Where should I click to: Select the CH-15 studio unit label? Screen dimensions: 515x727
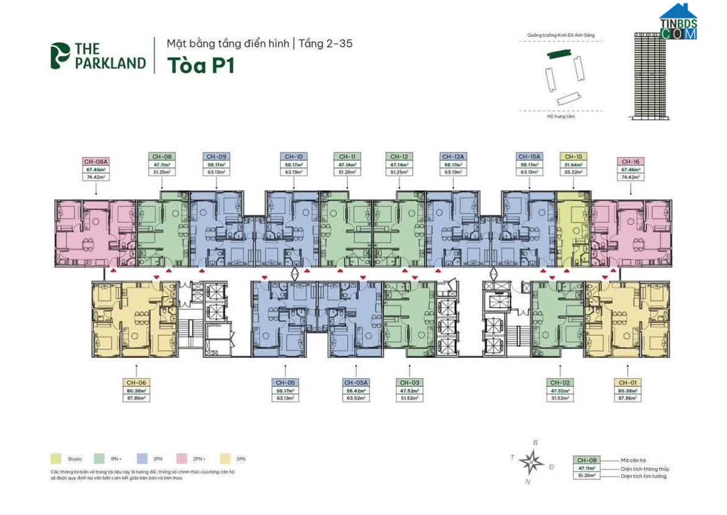tap(573, 156)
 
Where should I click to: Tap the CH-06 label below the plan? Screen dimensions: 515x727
tap(136, 382)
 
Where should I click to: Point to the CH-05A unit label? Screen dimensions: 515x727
tap(355, 382)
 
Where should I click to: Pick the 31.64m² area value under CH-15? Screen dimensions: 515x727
tap(573, 164)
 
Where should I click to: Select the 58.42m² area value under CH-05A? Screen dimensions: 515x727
tap(355, 390)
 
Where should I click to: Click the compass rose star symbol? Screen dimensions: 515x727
tap(532, 461)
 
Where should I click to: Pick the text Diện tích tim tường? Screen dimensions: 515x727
tap(643, 476)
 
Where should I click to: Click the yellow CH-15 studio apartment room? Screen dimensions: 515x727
tap(573, 229)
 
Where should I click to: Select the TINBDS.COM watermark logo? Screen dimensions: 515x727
tap(678, 23)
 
